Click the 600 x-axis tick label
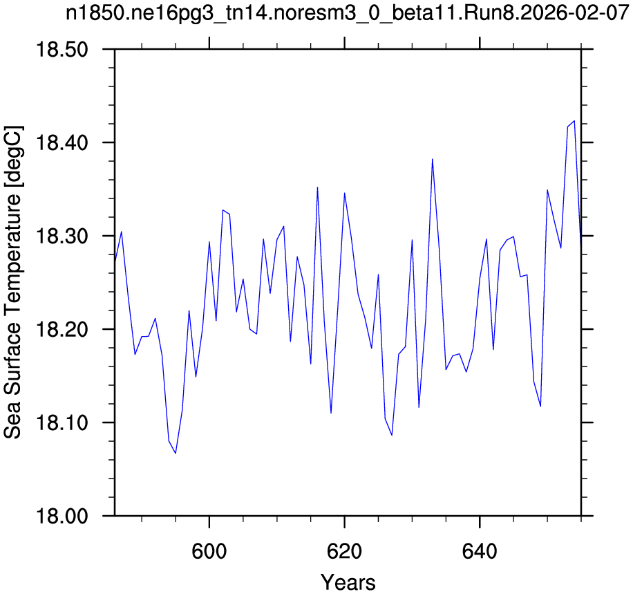point(209,551)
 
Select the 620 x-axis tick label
point(344,551)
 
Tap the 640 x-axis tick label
point(480,551)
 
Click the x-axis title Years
point(348,582)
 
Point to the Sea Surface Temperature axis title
point(13,282)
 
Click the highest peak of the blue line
point(574,120)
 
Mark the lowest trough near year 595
point(176,454)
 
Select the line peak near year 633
point(433,159)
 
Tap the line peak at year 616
point(317,187)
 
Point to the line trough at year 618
point(331,413)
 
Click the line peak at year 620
point(344,193)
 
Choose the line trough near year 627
point(392,435)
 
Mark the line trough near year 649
point(540,407)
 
